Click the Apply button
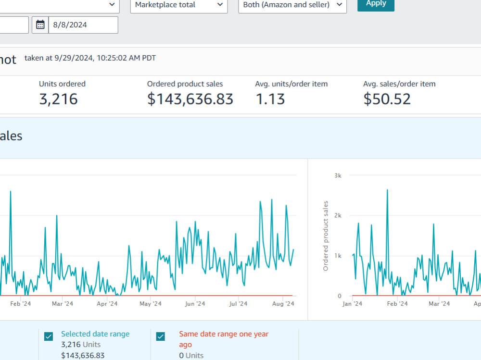click(x=376, y=5)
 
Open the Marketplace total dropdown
click(x=179, y=5)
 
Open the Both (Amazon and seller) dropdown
click(x=292, y=5)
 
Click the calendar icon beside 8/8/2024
click(x=40, y=25)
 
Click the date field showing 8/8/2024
click(x=83, y=25)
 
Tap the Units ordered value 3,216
click(x=58, y=99)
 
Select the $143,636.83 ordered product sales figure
click(x=190, y=99)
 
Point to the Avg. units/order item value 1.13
click(x=270, y=99)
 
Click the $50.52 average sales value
click(x=387, y=99)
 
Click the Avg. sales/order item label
click(x=399, y=84)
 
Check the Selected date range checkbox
click(x=49, y=336)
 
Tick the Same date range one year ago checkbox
click(x=161, y=336)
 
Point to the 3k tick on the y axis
click(x=338, y=176)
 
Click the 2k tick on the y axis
click(x=338, y=216)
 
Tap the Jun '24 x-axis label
click(x=195, y=304)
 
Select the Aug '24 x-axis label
click(x=283, y=304)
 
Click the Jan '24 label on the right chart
click(x=352, y=304)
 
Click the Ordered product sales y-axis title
click(x=326, y=236)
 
